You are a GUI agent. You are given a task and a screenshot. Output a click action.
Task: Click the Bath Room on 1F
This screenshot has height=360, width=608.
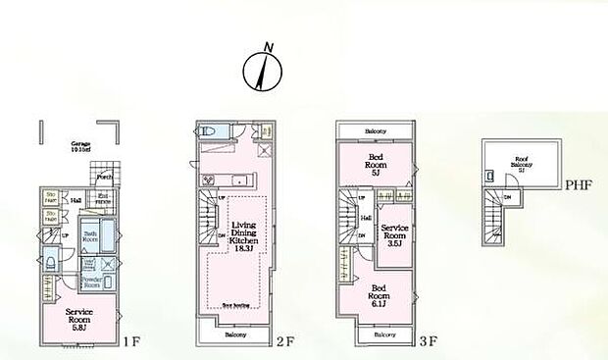click(88, 236)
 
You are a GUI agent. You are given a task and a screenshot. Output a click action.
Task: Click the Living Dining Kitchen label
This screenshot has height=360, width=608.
click(244, 237)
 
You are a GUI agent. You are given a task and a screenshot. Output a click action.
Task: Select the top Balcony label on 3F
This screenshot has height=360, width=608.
click(376, 130)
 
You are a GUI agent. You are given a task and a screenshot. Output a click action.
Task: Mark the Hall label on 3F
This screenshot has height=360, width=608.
click(365, 219)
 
